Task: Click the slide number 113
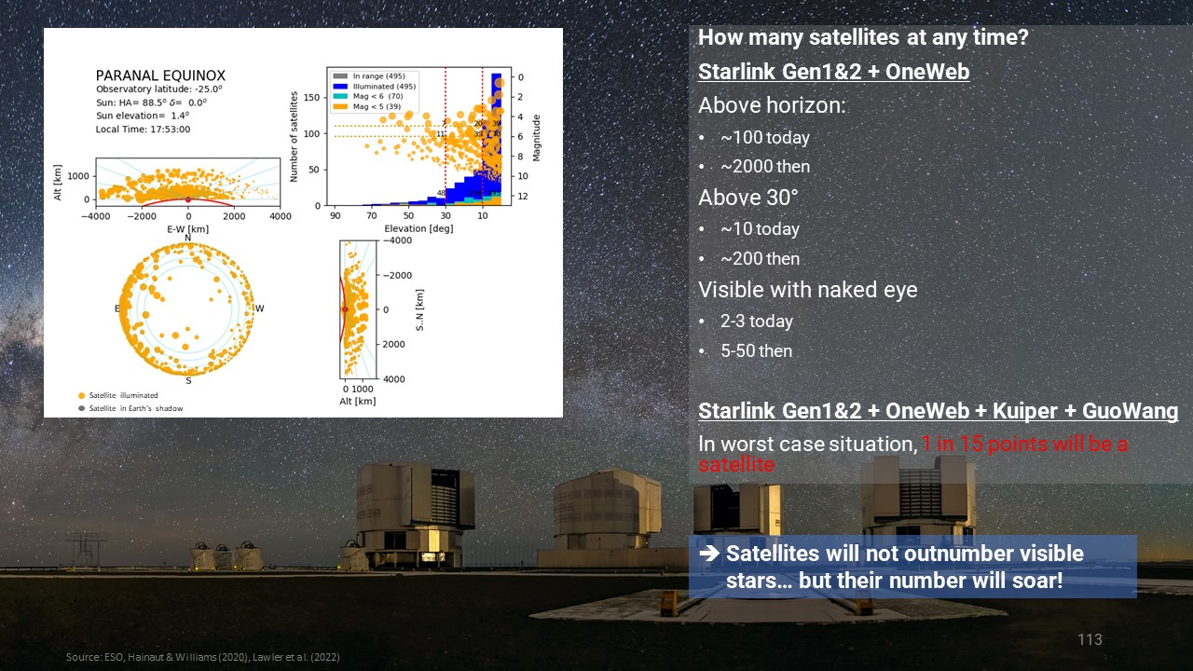coord(1090,639)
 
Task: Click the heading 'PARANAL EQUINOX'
coord(160,75)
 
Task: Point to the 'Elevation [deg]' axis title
coord(418,228)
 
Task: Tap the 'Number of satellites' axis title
coord(295,136)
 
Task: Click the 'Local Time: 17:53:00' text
coord(143,130)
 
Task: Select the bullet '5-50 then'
coord(756,351)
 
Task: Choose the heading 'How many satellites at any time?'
coord(863,38)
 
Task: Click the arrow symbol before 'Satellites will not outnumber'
coord(709,554)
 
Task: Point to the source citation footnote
coord(202,657)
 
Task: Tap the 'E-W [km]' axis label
coord(188,228)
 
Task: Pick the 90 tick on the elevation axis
coord(335,216)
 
